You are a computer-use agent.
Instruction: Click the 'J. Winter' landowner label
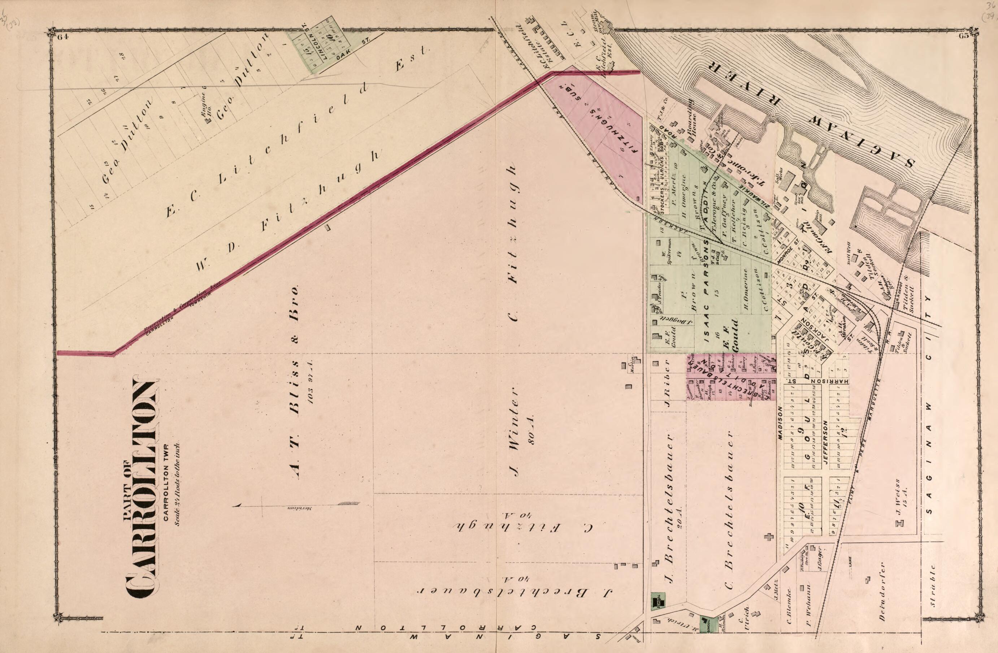512,432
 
